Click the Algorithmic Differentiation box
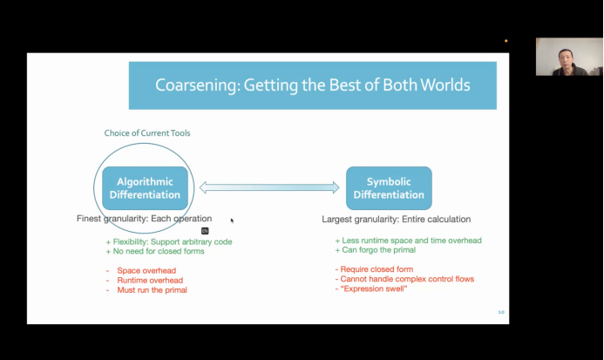(145, 187)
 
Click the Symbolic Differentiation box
(389, 187)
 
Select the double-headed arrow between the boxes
(268, 187)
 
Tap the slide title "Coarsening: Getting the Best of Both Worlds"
(312, 85)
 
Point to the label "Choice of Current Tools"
(147, 133)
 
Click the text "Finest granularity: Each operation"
(145, 218)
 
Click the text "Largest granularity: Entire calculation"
(397, 219)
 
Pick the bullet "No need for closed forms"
(156, 252)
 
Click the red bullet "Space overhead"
(146, 270)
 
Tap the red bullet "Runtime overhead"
(149, 280)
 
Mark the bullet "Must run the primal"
(152, 290)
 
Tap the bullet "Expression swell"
(375, 289)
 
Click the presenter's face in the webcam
(556, 56)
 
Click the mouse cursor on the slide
(231, 220)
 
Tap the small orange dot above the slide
(506, 41)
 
